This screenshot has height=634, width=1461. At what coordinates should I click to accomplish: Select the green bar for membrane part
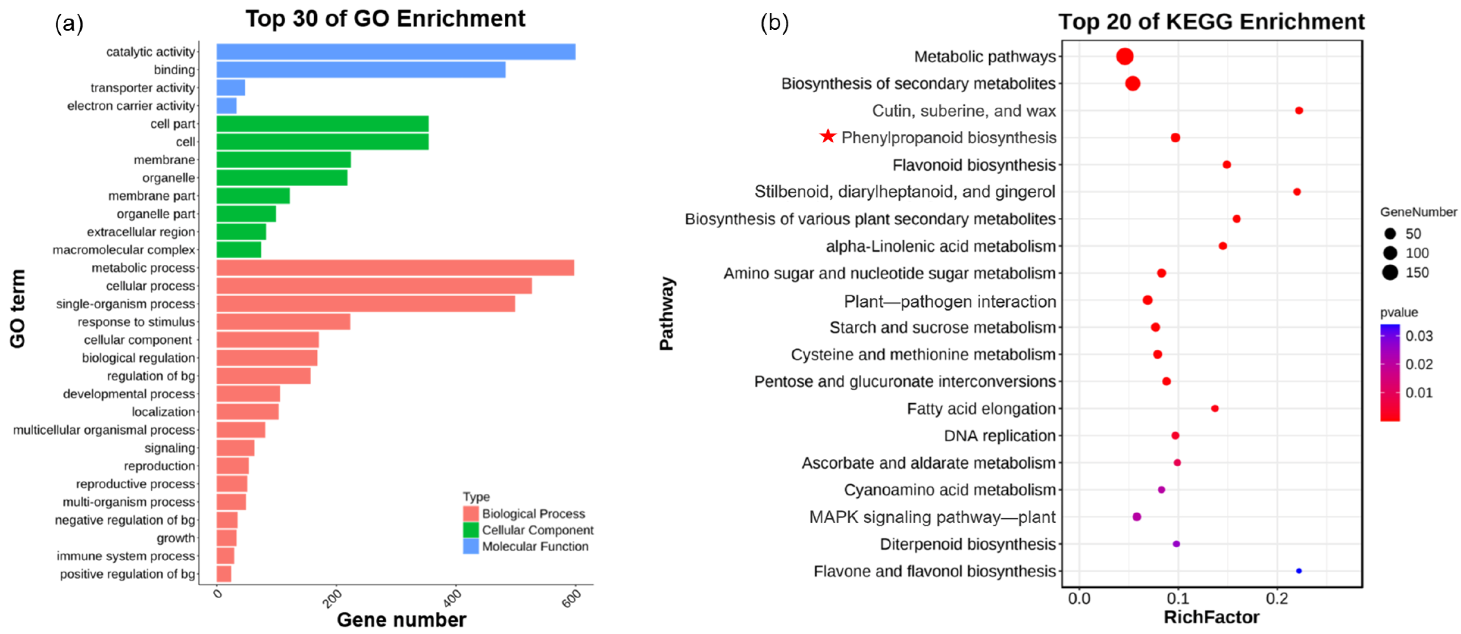coord(253,195)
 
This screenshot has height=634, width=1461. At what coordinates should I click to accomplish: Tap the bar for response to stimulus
coord(283,322)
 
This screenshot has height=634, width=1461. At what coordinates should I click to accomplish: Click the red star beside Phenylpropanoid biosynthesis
coord(828,136)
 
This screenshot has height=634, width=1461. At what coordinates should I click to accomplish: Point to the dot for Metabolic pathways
coord(1125,56)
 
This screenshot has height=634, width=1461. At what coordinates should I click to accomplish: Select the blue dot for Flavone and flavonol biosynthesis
coord(1299,571)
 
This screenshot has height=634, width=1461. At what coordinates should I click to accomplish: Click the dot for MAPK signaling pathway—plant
coord(1137,517)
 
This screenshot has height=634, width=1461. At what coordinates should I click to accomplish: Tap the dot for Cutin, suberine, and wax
coord(1299,110)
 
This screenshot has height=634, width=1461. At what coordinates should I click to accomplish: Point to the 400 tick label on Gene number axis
coord(453,598)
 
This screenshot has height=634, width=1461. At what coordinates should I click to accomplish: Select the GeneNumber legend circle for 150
coord(1390,273)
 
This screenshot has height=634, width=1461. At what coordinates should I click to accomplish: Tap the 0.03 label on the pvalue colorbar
coord(1419,336)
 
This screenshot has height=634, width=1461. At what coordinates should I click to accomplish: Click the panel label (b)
coord(774,23)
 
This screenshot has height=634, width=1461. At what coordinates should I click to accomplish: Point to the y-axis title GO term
coord(17,309)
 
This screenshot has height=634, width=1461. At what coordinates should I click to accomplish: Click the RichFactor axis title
coord(1212,617)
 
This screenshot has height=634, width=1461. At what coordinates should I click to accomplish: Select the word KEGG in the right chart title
coord(1197,22)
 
